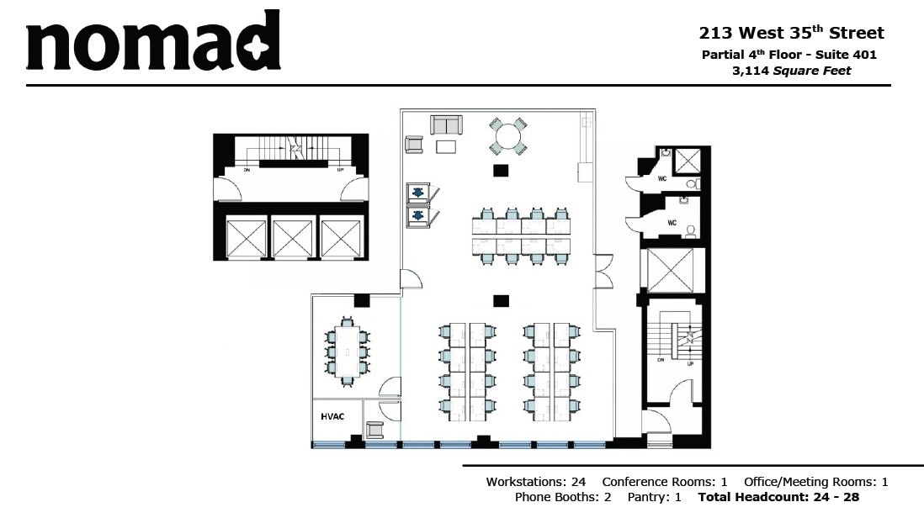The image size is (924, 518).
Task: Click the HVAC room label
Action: coord(333,416)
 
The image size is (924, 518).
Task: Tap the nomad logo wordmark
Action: coord(152,42)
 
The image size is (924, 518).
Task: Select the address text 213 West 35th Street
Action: coord(791,34)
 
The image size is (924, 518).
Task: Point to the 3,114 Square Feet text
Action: coord(791,71)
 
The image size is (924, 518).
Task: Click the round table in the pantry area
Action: coord(508,136)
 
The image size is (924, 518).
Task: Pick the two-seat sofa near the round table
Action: coord(447,125)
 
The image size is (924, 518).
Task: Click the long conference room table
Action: coord(347,351)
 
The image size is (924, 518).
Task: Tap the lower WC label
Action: coord(672,223)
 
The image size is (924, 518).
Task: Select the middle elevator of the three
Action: coord(293,238)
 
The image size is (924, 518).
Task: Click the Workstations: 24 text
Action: coord(535,483)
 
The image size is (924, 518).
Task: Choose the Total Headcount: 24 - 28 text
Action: coord(778,498)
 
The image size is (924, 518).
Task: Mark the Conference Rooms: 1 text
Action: coord(665,483)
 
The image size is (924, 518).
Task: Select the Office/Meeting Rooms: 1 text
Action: coord(815,483)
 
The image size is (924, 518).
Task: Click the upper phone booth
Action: coord(418,193)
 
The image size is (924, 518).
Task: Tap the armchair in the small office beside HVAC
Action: coord(374,429)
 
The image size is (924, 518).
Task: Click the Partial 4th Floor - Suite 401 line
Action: coord(789,55)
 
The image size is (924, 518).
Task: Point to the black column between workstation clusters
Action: coord(502,300)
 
